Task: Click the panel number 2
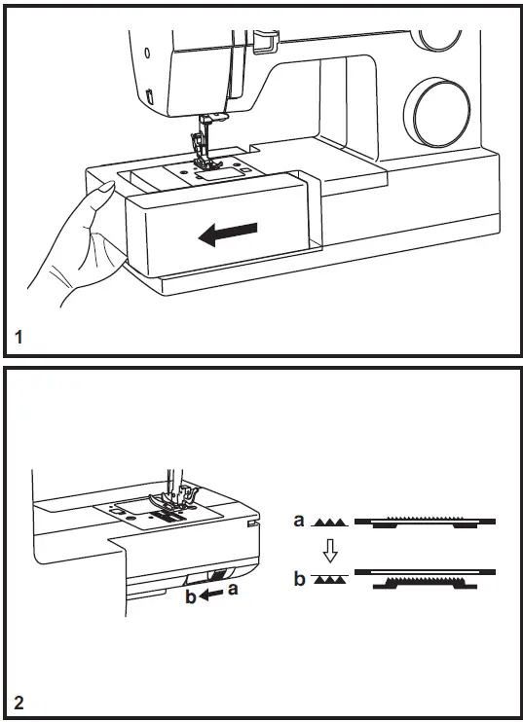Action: tap(20, 702)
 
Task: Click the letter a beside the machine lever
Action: tap(235, 588)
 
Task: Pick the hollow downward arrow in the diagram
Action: tap(330, 551)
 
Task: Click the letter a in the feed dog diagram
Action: tap(299, 521)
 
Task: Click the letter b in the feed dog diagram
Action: tap(299, 580)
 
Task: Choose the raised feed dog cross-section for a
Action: tap(424, 523)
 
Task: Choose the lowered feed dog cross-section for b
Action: tap(424, 581)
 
